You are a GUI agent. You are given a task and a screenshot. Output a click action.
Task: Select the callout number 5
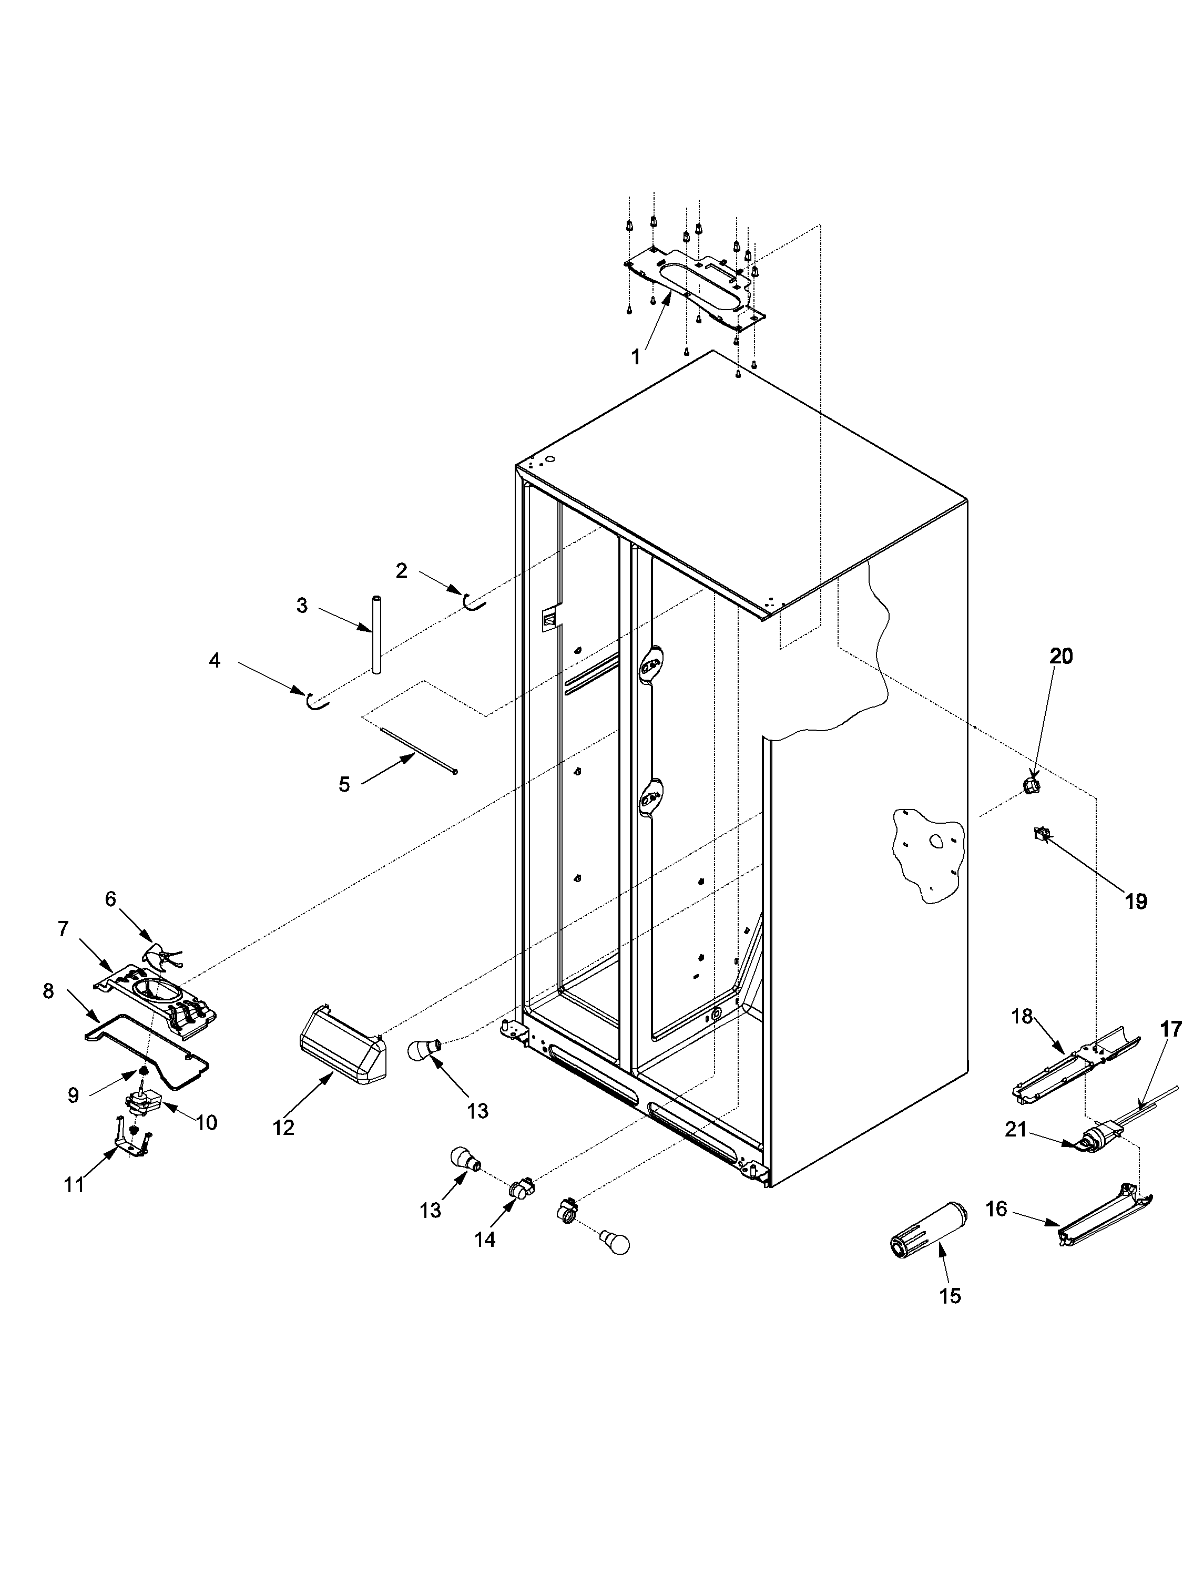344,785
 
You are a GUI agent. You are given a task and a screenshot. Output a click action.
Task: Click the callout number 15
951,1295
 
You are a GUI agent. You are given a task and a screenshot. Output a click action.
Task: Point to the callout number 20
1061,656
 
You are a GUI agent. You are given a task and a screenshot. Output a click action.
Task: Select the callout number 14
485,1239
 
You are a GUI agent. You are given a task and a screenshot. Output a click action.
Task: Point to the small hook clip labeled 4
316,702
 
